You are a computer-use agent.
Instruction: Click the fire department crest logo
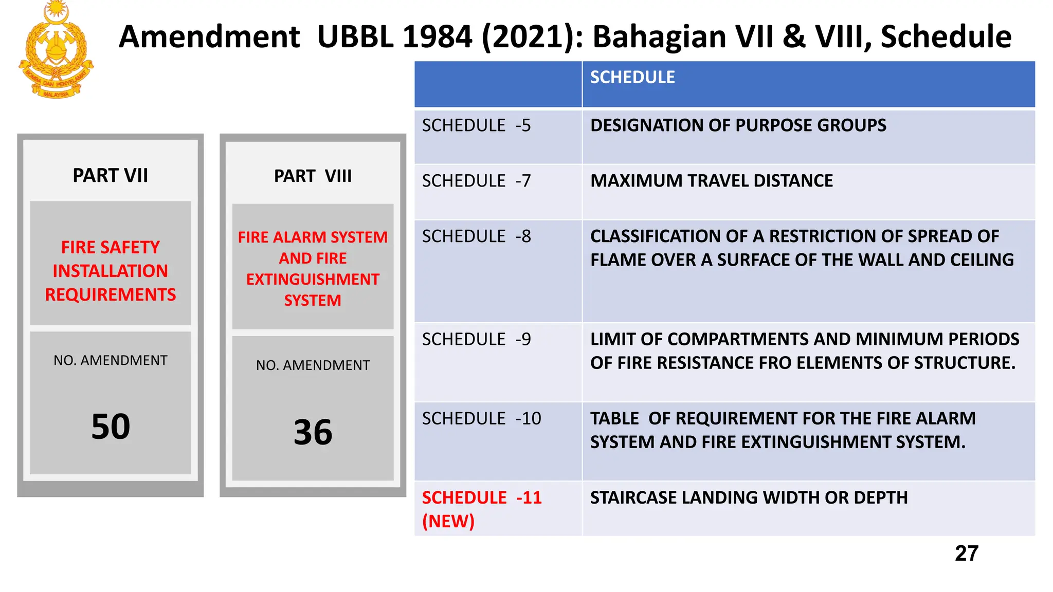56,50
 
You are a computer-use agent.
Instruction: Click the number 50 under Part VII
111,427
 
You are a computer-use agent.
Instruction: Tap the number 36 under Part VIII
313,432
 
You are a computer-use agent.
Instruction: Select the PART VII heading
110,176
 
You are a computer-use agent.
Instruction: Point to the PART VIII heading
313,176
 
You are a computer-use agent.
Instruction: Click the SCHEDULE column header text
632,78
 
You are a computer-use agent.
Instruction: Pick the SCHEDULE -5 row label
476,126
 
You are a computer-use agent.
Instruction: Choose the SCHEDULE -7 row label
476,181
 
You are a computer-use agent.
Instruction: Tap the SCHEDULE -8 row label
476,237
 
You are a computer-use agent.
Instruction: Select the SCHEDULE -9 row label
476,340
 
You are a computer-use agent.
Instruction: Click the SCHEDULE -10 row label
481,419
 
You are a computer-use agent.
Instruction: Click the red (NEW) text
448,522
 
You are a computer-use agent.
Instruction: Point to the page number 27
966,554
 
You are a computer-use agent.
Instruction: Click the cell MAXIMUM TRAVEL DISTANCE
711,181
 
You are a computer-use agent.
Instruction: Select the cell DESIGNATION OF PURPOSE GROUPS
738,126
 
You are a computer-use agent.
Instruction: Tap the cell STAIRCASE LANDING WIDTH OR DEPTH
749,498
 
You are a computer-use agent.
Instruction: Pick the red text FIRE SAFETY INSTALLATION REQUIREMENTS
111,271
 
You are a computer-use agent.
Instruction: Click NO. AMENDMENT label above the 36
313,365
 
